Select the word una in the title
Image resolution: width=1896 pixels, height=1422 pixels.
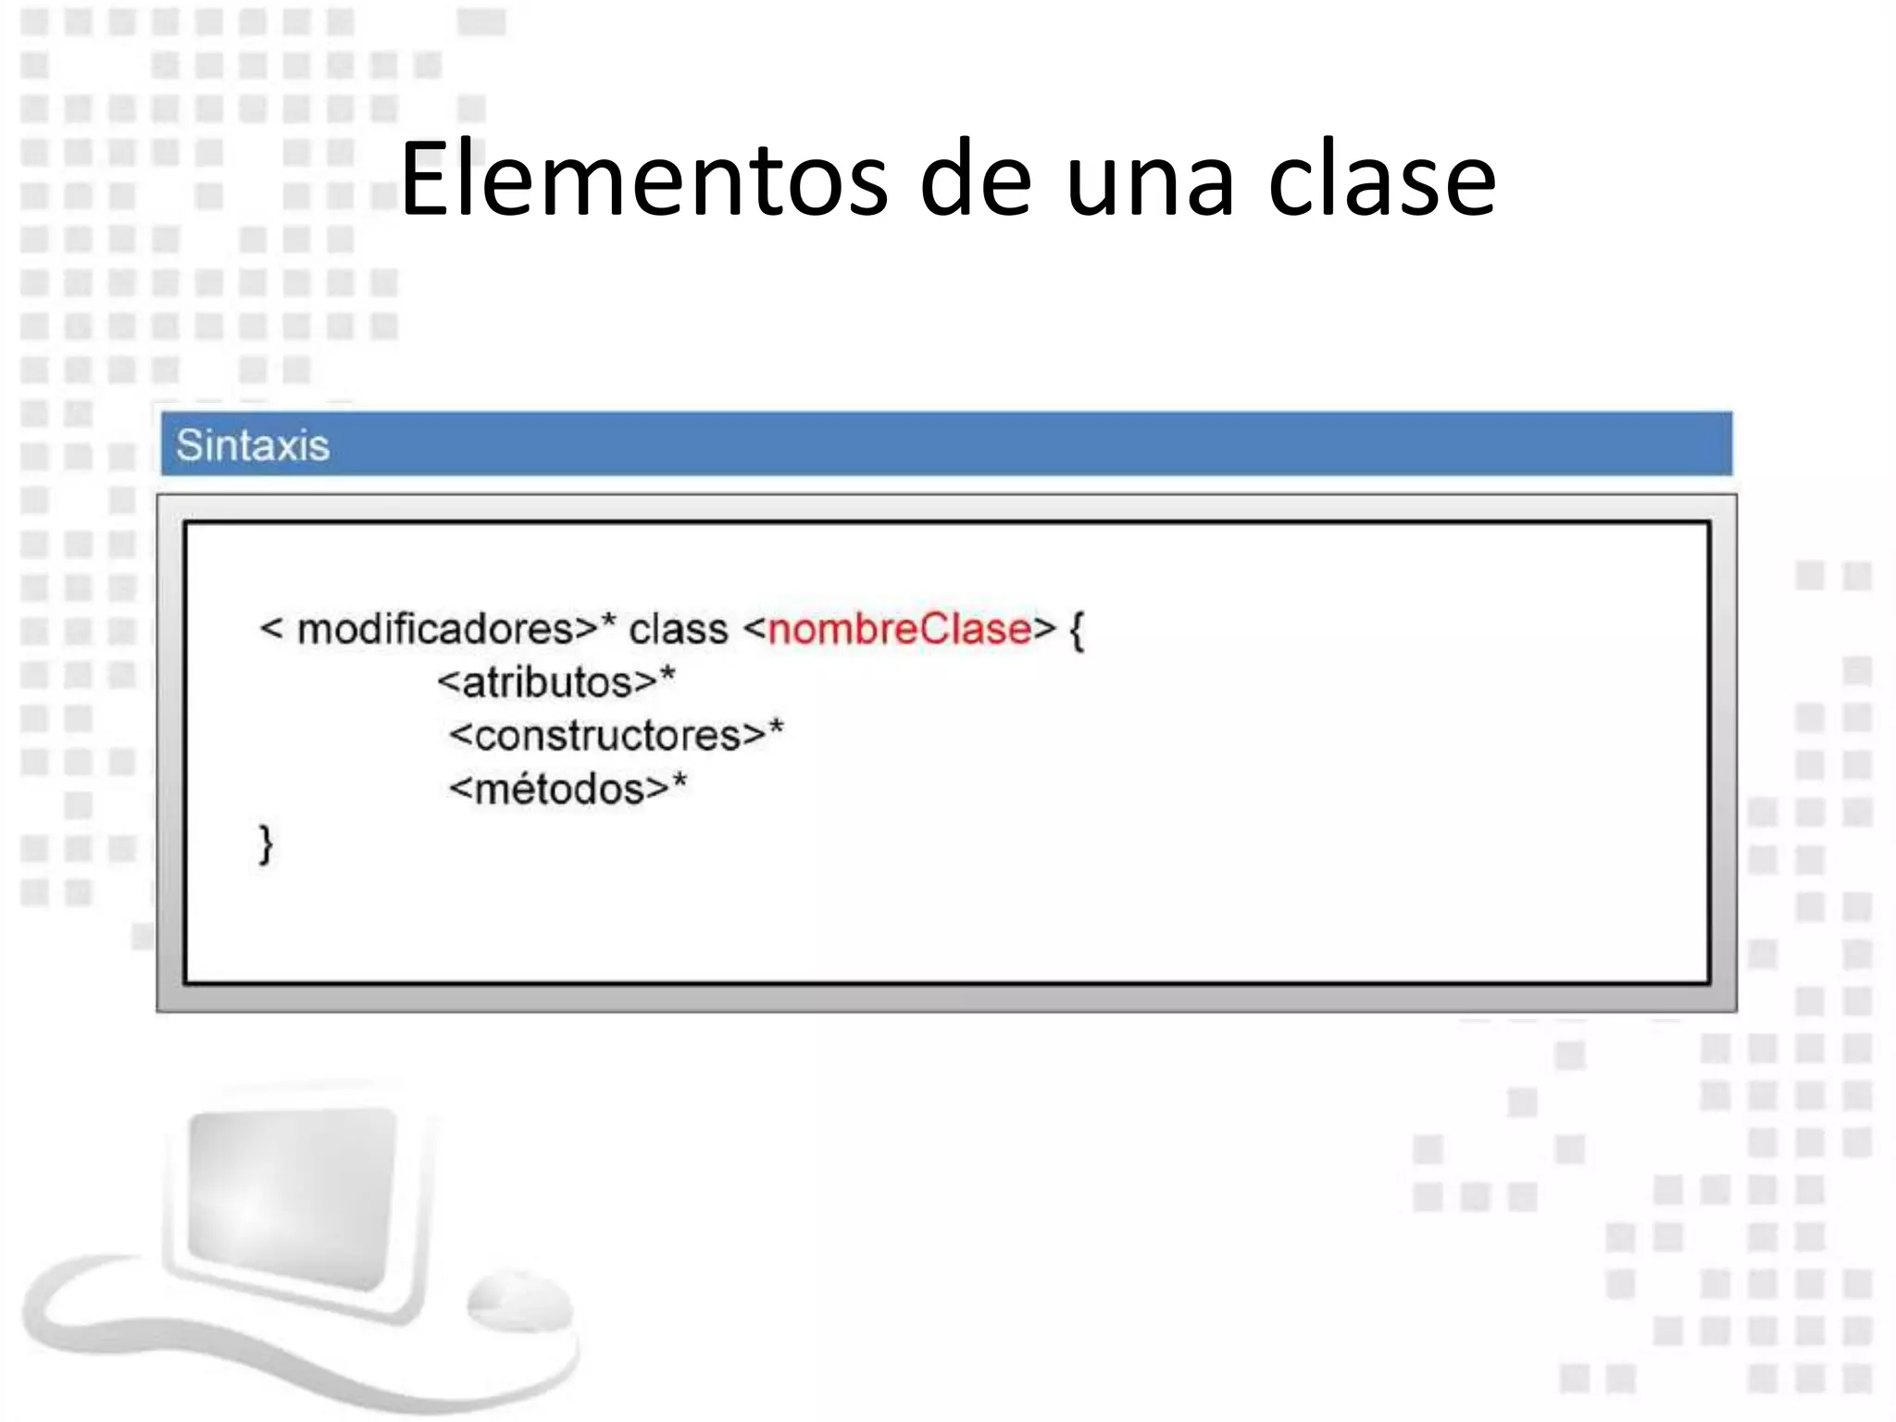click(1150, 181)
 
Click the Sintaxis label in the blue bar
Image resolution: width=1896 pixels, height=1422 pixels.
click(253, 445)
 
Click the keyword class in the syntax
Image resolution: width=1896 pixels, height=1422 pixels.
click(679, 630)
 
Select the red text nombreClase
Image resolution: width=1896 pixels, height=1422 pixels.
click(899, 630)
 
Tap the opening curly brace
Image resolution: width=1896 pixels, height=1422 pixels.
click(1077, 631)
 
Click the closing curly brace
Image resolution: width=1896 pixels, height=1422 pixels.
click(266, 844)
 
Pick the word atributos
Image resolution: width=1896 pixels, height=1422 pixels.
click(546, 683)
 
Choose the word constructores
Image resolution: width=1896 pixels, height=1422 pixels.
click(607, 737)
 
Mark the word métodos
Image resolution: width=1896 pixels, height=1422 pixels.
click(558, 790)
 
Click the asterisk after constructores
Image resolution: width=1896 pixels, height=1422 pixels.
click(776, 729)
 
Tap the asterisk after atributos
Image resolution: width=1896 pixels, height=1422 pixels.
click(667, 676)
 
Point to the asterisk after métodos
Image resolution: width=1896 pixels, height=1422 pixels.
click(680, 782)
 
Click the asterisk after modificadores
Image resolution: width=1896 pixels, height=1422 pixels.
click(608, 623)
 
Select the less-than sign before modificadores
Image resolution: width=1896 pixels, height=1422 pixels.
click(271, 630)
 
